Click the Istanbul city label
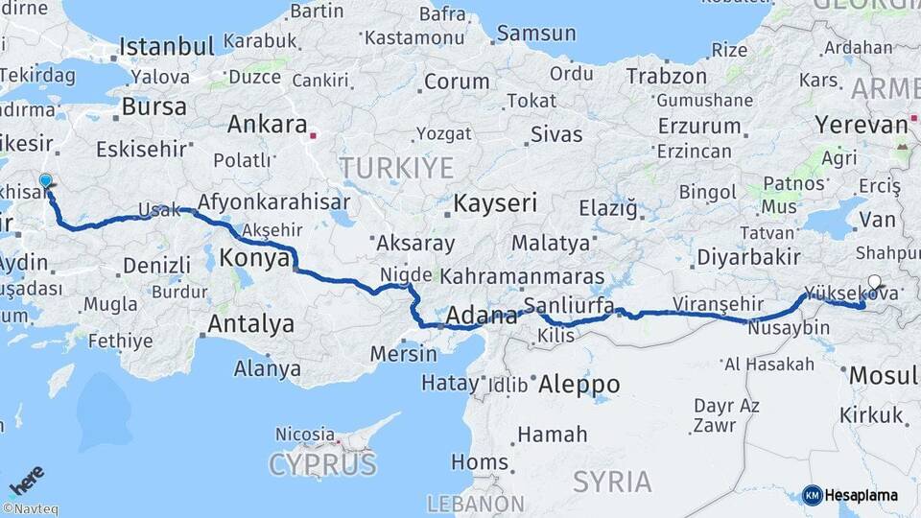167,46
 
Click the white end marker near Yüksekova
873,283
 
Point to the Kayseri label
495,203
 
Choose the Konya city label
255,258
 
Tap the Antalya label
250,324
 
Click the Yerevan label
861,125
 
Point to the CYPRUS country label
322,465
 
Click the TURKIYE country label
395,168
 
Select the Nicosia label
305,435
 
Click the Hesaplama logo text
861,495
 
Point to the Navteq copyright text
30,508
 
